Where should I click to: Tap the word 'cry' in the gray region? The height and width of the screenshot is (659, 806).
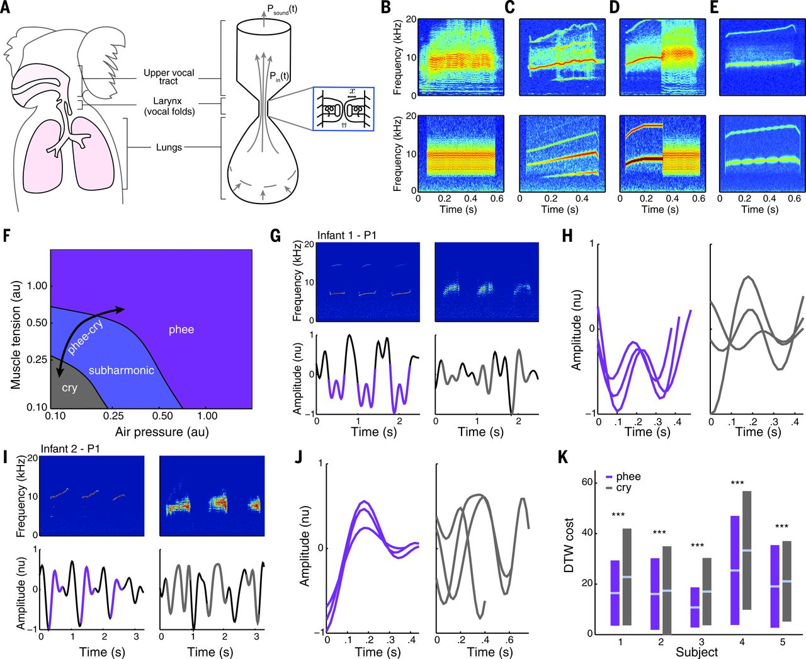tap(69, 387)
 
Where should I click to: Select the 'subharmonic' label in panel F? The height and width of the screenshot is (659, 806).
tap(121, 370)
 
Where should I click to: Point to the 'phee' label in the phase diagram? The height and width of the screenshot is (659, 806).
tap(181, 329)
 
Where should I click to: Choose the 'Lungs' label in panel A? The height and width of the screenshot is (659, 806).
tap(169, 147)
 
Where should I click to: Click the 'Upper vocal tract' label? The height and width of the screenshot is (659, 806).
tap(169, 76)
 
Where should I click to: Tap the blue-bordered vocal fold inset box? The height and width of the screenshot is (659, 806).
tap(343, 109)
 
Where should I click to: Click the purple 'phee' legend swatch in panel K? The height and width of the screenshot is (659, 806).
tap(609, 478)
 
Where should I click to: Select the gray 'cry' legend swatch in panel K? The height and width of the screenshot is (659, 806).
tap(609, 488)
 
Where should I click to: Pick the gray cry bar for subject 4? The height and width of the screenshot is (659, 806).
tap(747, 550)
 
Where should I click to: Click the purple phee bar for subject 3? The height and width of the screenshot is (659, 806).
tap(695, 607)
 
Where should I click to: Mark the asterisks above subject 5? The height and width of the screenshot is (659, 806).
tap(781, 527)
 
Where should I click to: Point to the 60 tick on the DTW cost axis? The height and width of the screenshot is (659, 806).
tap(587, 483)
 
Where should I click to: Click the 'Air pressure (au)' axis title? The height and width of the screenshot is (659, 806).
tap(162, 432)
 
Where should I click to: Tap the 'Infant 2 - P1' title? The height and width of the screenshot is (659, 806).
tap(71, 449)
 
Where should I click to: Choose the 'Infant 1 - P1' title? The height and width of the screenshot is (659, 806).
tap(348, 236)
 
